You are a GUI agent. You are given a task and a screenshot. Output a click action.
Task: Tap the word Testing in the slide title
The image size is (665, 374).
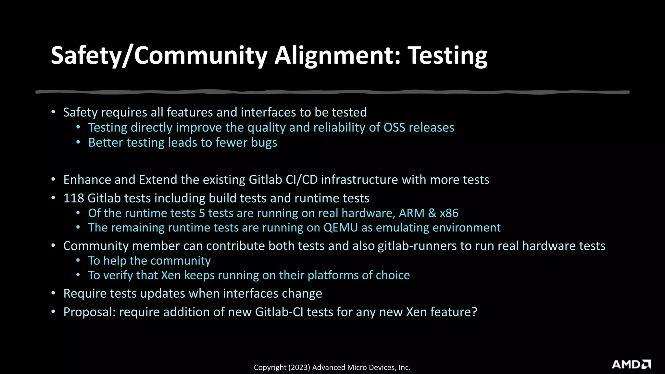click(x=447, y=56)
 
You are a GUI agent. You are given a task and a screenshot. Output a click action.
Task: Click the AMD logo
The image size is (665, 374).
click(x=631, y=364)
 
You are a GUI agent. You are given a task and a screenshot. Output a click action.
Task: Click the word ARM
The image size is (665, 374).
click(x=411, y=213)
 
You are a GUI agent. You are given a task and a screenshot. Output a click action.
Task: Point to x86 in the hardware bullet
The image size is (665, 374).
click(x=449, y=213)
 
